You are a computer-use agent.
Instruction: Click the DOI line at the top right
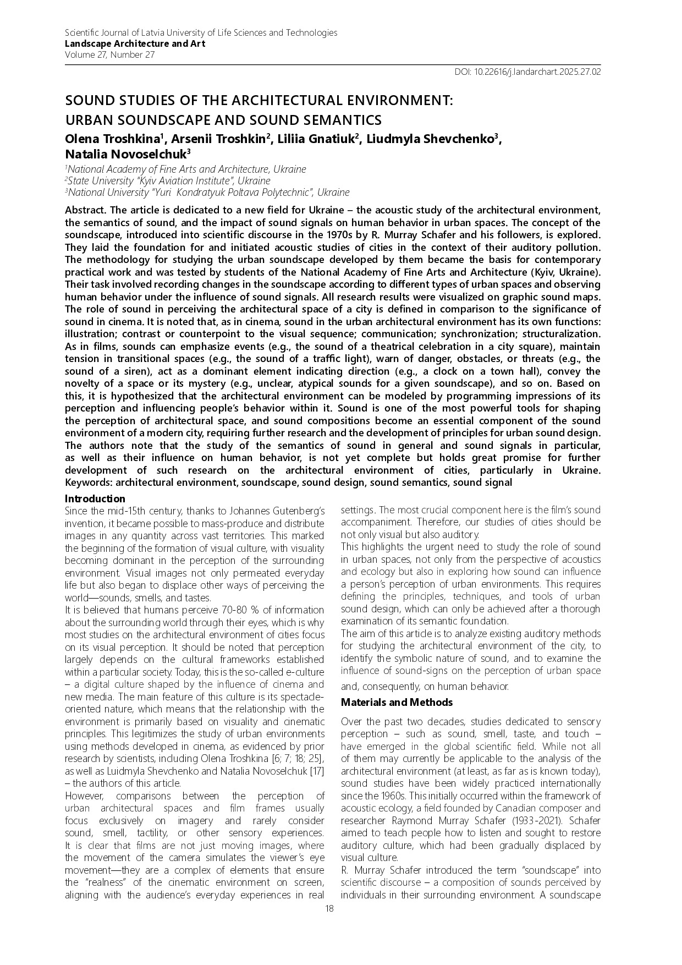tap(527, 72)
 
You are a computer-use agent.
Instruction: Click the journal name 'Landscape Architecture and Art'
tap(135, 43)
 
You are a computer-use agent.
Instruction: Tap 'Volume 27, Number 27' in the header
tap(109, 54)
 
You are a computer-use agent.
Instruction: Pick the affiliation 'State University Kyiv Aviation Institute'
tap(168, 180)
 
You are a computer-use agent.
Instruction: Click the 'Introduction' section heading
tap(95, 499)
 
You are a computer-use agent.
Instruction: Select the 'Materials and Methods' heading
tap(397, 703)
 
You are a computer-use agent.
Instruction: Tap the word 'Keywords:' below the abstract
tap(89, 483)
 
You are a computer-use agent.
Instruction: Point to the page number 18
tap(329, 908)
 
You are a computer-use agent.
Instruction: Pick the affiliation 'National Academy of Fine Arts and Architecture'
tap(186, 169)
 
